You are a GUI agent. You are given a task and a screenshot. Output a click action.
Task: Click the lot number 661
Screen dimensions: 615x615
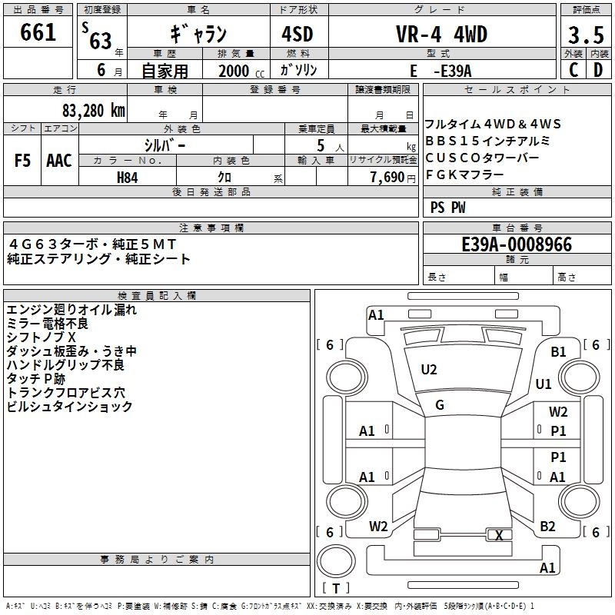point(38,32)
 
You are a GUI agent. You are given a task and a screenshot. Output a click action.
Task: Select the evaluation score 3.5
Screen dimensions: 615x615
point(585,35)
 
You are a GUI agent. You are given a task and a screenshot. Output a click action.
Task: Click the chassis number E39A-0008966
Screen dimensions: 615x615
point(517,244)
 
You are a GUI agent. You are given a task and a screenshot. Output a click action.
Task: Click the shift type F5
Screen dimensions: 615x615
point(23,161)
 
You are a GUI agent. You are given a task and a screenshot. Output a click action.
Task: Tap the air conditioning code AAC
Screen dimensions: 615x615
point(59,161)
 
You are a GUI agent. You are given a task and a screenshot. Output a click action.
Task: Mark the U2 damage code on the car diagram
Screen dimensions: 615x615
point(429,370)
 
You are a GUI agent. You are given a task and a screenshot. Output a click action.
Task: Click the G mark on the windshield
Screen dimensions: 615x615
point(440,405)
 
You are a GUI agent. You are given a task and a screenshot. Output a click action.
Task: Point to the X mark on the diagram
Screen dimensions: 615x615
point(500,536)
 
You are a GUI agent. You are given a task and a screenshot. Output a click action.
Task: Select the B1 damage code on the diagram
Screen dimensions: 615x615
point(558,351)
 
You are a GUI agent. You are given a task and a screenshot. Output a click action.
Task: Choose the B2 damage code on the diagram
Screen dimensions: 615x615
point(547,527)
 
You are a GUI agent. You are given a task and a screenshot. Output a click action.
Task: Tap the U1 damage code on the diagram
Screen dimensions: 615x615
point(544,384)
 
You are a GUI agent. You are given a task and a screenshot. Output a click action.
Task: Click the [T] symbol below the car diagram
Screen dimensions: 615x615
point(336,589)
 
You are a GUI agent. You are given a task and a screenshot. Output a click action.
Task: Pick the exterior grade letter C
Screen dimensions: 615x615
point(573,70)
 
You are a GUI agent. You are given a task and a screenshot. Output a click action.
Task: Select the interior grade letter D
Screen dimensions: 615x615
point(598,70)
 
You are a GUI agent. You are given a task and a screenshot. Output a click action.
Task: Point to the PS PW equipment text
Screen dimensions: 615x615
point(448,208)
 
